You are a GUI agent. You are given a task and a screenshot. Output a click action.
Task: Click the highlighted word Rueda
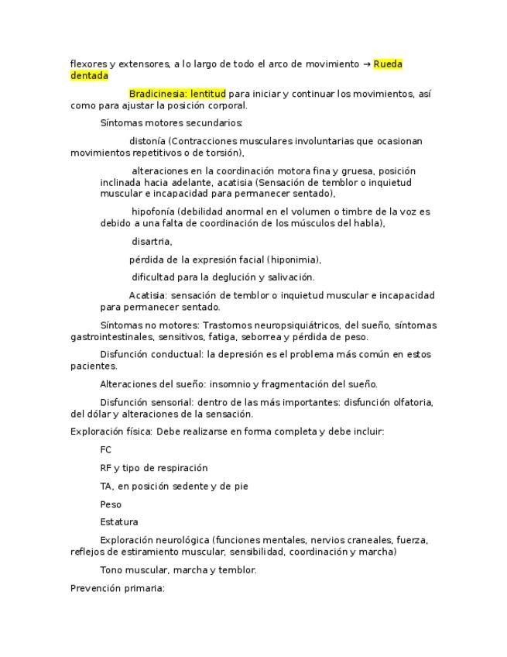point(388,64)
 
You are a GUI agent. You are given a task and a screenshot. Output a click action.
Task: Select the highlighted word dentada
point(89,76)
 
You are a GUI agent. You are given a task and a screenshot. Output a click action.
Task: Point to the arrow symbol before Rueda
point(366,64)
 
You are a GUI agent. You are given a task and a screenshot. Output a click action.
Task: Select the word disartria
point(151,242)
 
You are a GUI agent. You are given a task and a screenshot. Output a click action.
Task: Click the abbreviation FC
point(106,450)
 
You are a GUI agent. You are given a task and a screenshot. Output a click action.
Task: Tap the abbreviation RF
point(105,468)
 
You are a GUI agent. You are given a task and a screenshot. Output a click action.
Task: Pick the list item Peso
point(111,504)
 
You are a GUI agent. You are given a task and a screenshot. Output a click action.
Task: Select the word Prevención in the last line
point(94,588)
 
